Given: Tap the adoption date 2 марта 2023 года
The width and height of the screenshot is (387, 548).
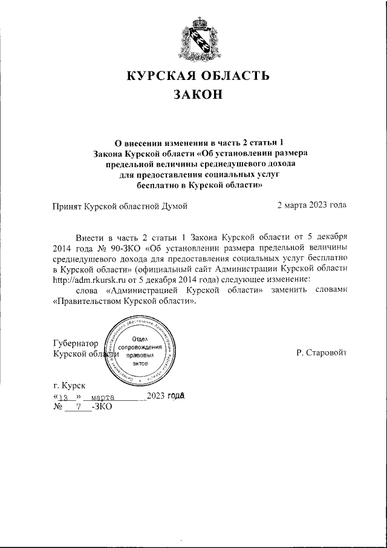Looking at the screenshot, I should coord(311,205).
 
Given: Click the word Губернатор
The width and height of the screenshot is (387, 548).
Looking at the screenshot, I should coord(76,343).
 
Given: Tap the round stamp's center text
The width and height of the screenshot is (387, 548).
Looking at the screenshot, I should coord(140,348).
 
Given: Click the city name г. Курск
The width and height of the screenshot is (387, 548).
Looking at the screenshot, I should coord(70,385).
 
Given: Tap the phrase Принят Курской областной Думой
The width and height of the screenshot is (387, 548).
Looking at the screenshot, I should coord(120,205).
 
